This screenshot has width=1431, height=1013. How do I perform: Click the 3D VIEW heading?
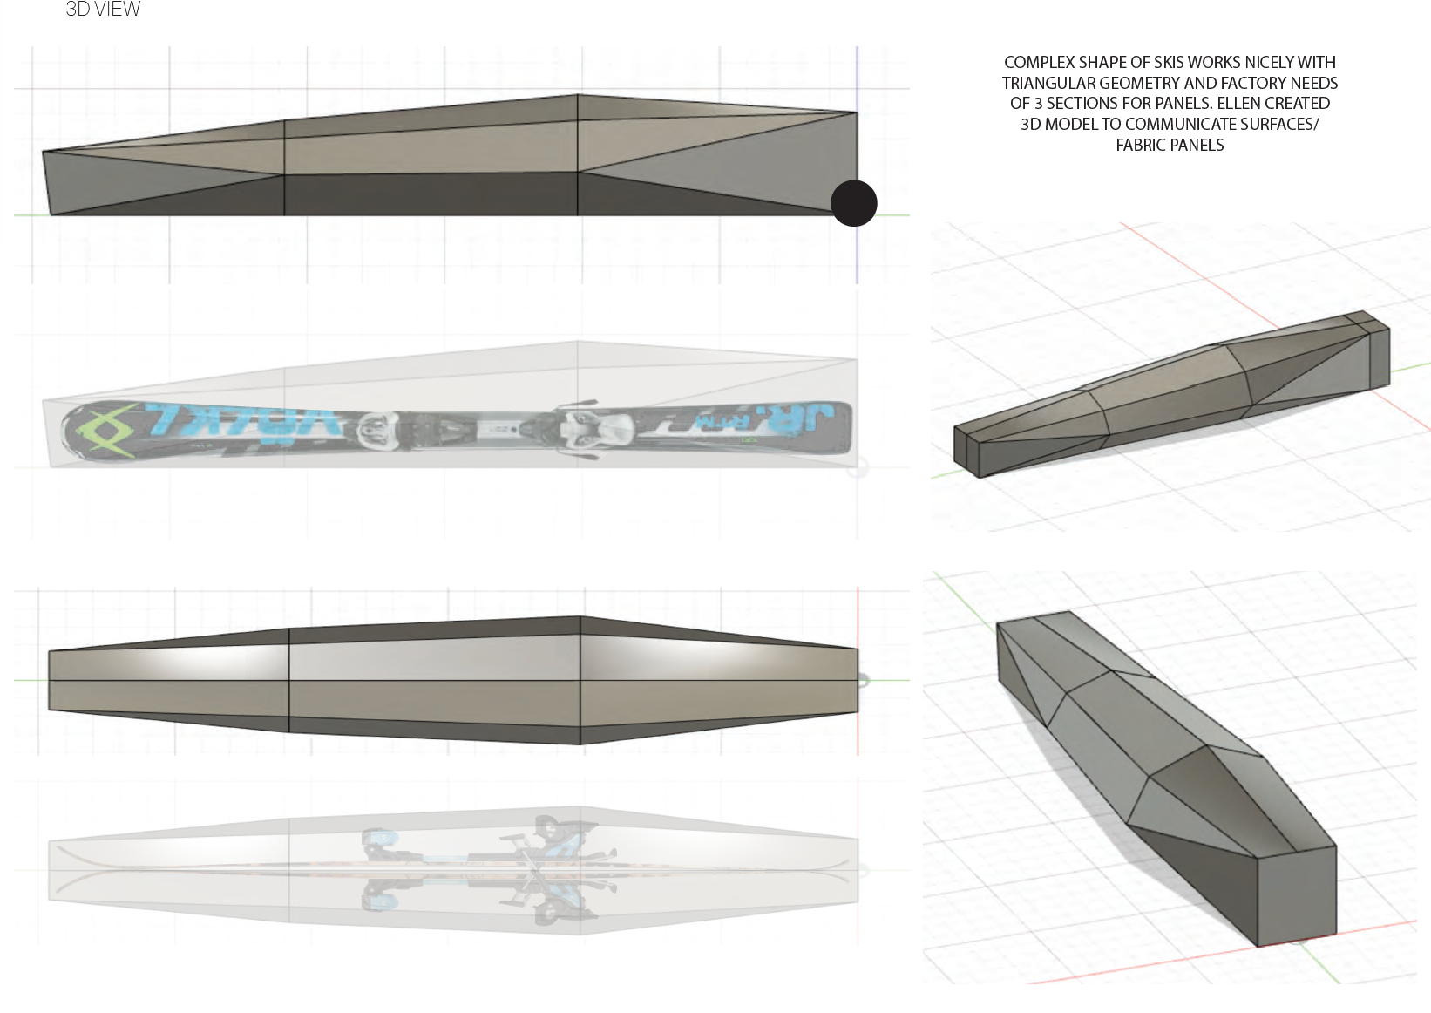click(103, 10)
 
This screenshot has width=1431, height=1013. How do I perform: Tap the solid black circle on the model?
click(853, 203)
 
